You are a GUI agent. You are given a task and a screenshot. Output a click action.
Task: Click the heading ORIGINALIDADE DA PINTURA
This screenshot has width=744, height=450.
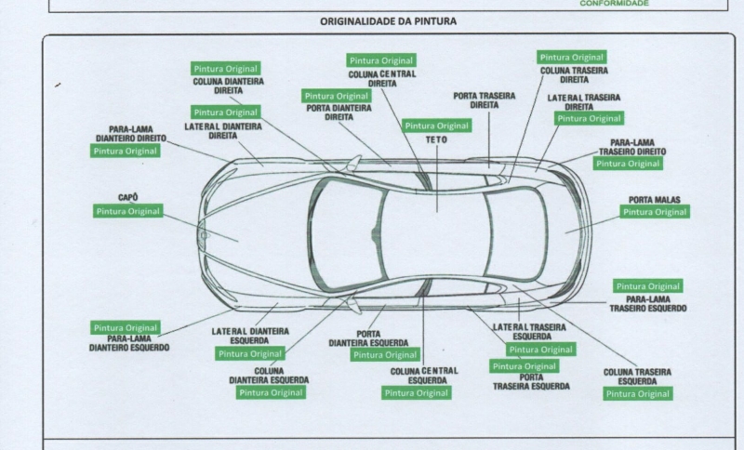coord(388,20)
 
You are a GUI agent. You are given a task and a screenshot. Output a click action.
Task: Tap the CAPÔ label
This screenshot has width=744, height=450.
coord(128,197)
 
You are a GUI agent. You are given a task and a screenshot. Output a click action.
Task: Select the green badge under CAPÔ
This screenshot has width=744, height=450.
coord(128,211)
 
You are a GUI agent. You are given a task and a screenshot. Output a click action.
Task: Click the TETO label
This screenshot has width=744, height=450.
coord(436,139)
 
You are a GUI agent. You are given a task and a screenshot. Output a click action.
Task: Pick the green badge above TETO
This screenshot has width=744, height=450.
coord(436,126)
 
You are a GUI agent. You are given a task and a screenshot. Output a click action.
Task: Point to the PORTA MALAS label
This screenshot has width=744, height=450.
coord(656,199)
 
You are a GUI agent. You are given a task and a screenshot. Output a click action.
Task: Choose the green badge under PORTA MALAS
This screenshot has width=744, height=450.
coord(656,212)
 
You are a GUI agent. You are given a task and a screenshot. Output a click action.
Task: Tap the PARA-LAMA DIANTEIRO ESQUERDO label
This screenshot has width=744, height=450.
coord(129,343)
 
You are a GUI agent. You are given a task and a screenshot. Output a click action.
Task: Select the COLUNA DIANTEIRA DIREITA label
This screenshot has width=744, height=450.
coord(228,86)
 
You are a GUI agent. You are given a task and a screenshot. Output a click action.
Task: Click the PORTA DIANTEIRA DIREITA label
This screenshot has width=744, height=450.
coord(339,112)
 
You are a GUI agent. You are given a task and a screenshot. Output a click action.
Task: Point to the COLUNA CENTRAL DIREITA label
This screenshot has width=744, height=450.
coord(382,78)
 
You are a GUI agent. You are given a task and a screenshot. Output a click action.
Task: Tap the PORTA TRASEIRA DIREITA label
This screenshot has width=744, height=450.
coord(485,100)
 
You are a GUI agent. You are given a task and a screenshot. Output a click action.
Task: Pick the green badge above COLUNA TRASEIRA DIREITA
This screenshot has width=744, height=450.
coord(572,58)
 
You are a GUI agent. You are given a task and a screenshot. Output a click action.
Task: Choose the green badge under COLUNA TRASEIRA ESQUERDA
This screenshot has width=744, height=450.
coord(638,393)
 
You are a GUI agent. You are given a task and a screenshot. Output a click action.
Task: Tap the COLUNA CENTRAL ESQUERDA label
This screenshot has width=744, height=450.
coord(423,376)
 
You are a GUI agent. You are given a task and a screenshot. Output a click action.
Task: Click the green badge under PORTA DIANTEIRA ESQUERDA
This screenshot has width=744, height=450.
coord(385,354)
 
